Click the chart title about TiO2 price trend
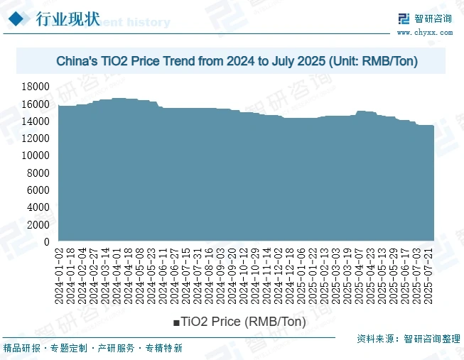237,62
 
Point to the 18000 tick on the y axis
36,87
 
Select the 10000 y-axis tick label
36,156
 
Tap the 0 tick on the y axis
46,242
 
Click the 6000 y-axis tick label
38,190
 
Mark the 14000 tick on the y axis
36,121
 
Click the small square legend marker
176,323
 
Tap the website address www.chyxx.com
423,33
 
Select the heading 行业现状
68,18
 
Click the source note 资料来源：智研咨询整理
407,339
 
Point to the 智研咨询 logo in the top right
423,19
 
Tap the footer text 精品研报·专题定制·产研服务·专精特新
94,349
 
